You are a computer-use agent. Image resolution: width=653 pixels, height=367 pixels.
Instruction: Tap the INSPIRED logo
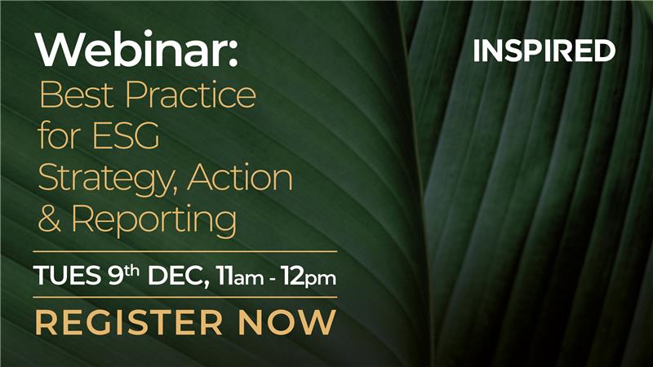[x=544, y=51]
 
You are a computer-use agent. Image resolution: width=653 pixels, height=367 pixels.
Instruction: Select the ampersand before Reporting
[x=51, y=219]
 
